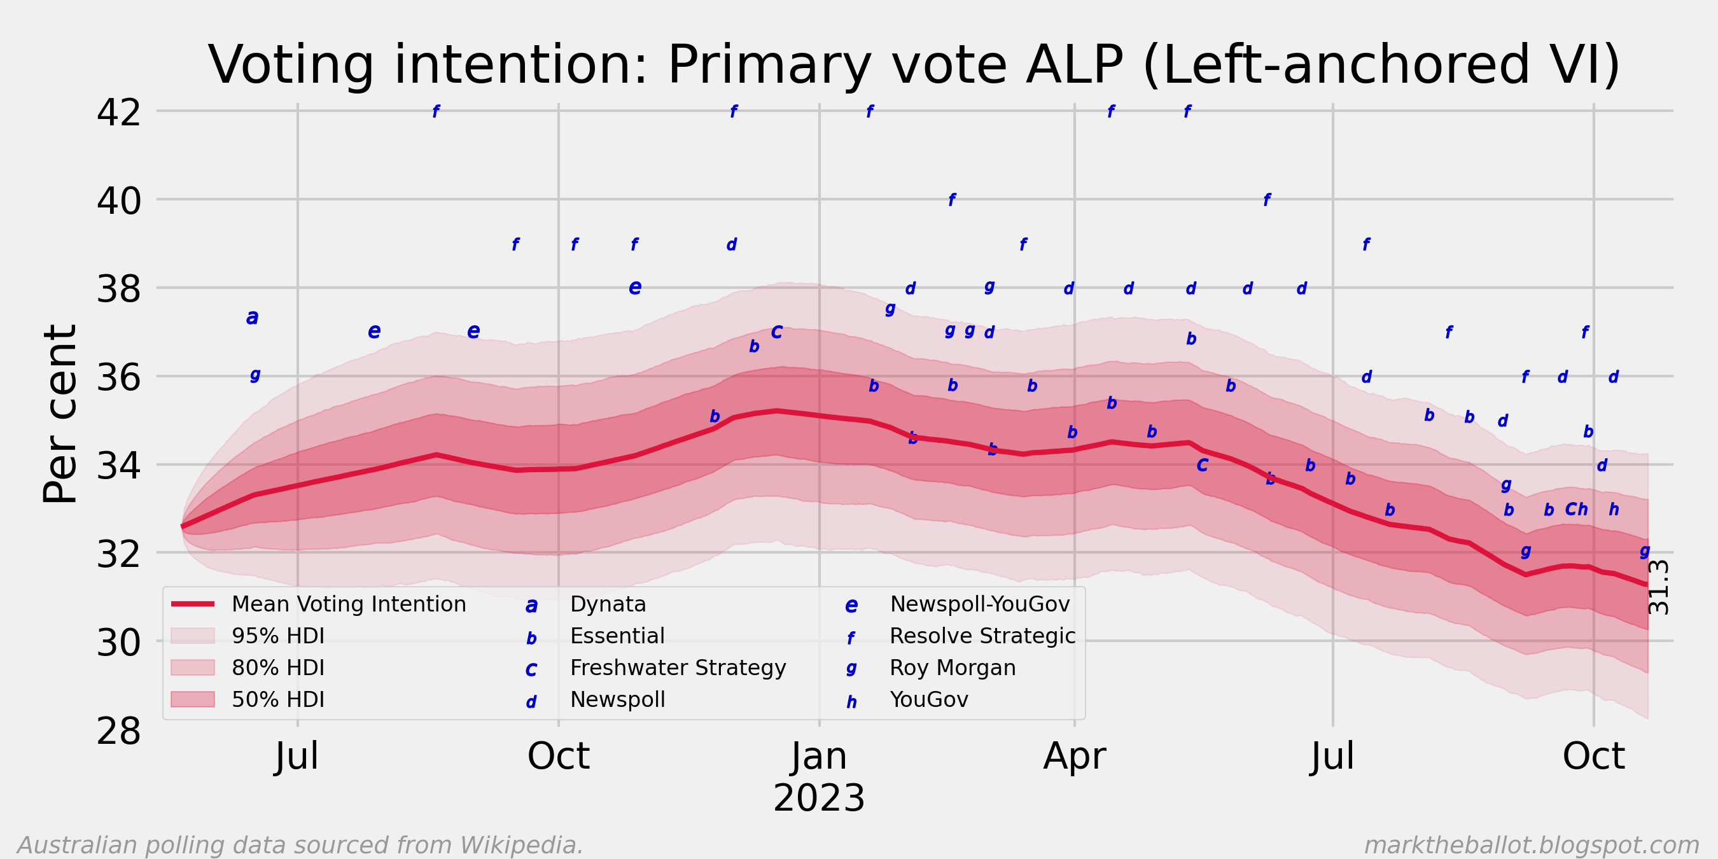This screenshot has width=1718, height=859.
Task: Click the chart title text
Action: pyautogui.click(x=914, y=65)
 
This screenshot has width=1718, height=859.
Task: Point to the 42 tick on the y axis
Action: pyautogui.click(x=119, y=112)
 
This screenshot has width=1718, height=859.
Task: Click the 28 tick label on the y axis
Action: pyautogui.click(x=119, y=731)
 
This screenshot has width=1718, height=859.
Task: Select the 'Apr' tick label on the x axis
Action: pyautogui.click(x=1075, y=757)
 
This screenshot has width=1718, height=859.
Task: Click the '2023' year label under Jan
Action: pyautogui.click(x=819, y=798)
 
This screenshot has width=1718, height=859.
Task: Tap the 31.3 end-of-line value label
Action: pyautogui.click(x=1659, y=587)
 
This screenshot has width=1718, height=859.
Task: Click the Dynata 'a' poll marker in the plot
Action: pyautogui.click(x=252, y=317)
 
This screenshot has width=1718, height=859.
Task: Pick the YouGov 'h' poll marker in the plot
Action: pyautogui.click(x=1614, y=510)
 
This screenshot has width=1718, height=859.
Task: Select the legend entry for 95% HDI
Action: pyautogui.click(x=278, y=636)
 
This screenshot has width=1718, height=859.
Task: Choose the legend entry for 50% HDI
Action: pyautogui.click(x=278, y=699)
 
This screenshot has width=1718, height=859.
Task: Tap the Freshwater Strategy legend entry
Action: pyautogui.click(x=678, y=667)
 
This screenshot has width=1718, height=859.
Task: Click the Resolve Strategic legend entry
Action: pyautogui.click(x=982, y=636)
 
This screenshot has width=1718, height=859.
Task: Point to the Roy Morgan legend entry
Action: pyautogui.click(x=953, y=667)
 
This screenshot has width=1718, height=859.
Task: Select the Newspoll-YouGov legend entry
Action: pyautogui.click(x=980, y=604)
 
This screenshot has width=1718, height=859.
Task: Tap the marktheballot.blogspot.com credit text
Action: pyautogui.click(x=1532, y=845)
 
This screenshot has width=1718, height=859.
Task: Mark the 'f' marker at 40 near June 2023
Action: pyautogui.click(x=1267, y=199)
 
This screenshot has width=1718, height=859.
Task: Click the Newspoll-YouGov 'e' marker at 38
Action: pyautogui.click(x=635, y=287)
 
